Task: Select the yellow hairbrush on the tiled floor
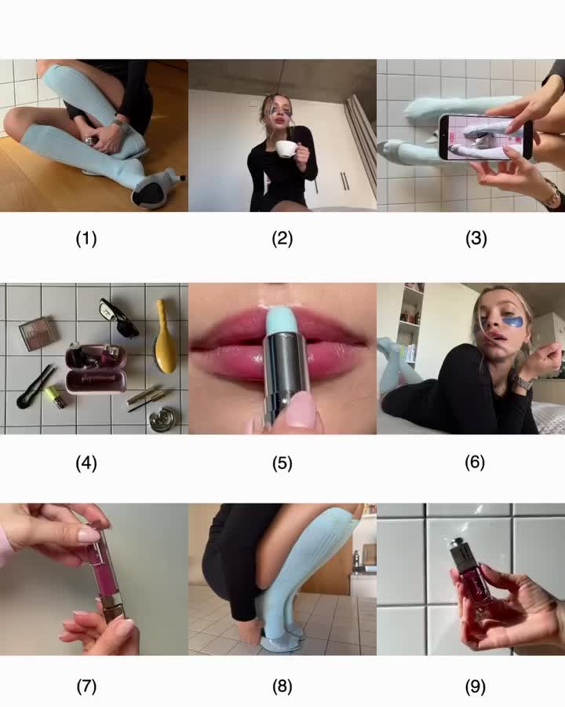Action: click(x=164, y=336)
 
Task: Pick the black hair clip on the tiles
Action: click(x=35, y=386)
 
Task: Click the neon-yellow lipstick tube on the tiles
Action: click(x=56, y=397)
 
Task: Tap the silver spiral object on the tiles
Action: click(x=162, y=419)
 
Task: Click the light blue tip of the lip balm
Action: click(x=280, y=320)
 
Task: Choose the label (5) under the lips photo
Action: click(x=282, y=463)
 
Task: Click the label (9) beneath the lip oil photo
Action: click(x=475, y=687)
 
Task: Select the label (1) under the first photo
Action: click(x=86, y=239)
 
